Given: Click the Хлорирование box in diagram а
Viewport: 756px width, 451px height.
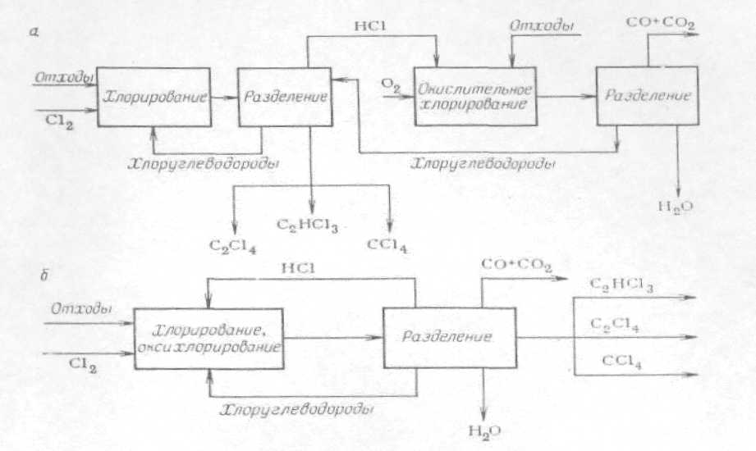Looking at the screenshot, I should click(152, 97).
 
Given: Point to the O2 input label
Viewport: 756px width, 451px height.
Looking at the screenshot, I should click(392, 83).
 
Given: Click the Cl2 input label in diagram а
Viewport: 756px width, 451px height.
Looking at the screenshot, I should click(55, 120).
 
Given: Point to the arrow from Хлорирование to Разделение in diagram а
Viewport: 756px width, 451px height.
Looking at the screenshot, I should click(221, 96).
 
